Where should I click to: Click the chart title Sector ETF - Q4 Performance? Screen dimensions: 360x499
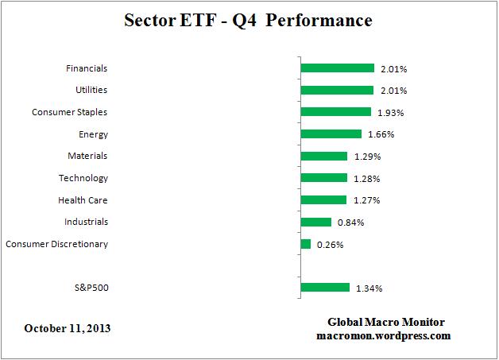[249, 20]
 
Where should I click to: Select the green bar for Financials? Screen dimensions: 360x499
[337, 68]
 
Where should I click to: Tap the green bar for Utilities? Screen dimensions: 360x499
[337, 91]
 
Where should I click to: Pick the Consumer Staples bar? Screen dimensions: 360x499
[335, 112]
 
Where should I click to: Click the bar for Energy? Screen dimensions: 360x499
[331, 134]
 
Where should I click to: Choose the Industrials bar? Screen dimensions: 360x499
[315, 223]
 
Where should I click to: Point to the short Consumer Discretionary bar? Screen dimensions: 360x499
[305, 244]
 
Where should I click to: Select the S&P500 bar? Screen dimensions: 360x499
[325, 288]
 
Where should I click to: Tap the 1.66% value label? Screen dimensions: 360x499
[381, 134]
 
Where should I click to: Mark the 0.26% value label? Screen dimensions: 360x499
[330, 245]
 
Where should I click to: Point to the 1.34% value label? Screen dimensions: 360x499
[369, 288]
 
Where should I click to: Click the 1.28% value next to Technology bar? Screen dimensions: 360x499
[366, 179]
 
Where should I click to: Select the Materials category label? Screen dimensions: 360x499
[87, 156]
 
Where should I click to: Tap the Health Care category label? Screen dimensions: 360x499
[83, 200]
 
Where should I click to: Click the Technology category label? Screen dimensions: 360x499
[83, 178]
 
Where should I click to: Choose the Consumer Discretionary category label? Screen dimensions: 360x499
[56, 244]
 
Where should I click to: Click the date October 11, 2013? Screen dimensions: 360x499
[67, 328]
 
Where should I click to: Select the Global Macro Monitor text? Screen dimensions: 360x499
[386, 322]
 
